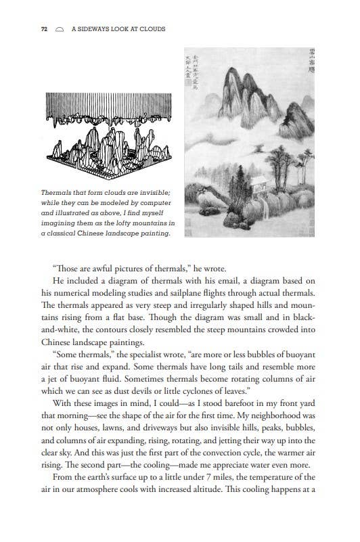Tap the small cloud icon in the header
click(60, 30)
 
